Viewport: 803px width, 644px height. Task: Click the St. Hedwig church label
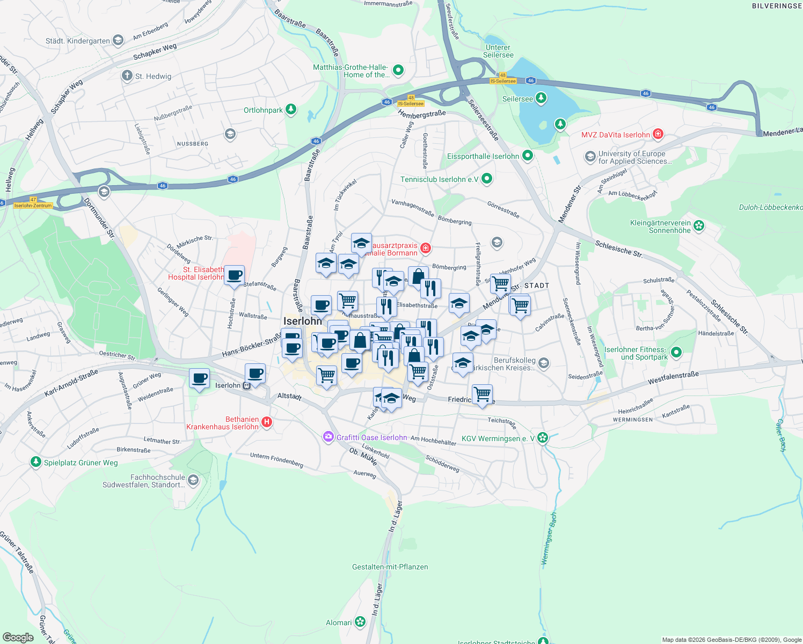tap(153, 76)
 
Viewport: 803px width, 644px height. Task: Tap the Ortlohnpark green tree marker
tap(291, 110)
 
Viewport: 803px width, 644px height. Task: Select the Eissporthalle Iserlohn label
tap(483, 156)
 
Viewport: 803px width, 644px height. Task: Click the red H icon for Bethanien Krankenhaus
tap(266, 423)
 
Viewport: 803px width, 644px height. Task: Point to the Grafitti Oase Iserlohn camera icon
tap(328, 437)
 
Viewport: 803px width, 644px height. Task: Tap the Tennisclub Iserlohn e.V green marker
tap(487, 179)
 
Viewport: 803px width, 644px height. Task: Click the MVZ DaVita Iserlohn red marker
tap(658, 134)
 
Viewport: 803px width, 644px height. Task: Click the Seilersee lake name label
tap(517, 99)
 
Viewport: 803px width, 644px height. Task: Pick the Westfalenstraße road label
tap(673, 378)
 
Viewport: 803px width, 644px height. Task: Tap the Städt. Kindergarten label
tap(78, 41)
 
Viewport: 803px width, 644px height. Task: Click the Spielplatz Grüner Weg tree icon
tap(36, 462)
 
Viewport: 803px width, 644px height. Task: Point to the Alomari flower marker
tap(360, 622)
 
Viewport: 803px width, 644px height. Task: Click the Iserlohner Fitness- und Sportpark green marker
tap(676, 353)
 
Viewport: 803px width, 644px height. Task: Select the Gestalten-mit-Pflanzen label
tap(390, 567)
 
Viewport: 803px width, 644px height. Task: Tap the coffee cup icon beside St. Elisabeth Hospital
tap(234, 276)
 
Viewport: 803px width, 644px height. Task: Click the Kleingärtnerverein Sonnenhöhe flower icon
tap(699, 226)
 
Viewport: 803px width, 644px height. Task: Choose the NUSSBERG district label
tap(193, 144)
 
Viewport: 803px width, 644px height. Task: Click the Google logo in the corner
tap(18, 637)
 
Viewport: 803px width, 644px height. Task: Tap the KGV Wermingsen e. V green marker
tap(543, 438)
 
